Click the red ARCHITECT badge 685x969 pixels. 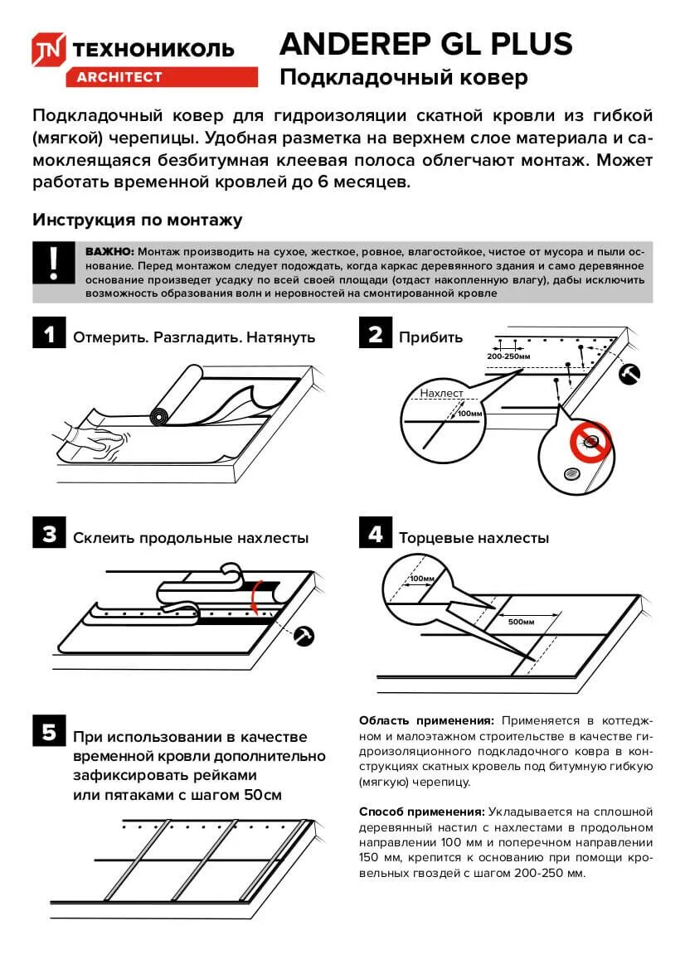(x=119, y=77)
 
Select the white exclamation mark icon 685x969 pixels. (x=54, y=264)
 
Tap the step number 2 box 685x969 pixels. (x=376, y=335)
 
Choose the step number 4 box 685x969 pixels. (x=376, y=535)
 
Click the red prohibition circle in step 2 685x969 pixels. (x=590, y=442)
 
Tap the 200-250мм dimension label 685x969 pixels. (x=508, y=356)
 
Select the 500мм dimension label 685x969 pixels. (x=521, y=621)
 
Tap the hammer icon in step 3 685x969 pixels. (x=305, y=634)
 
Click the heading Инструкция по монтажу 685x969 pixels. (x=138, y=220)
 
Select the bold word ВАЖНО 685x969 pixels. (x=109, y=251)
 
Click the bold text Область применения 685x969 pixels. (x=426, y=720)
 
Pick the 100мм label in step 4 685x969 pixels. (x=422, y=578)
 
